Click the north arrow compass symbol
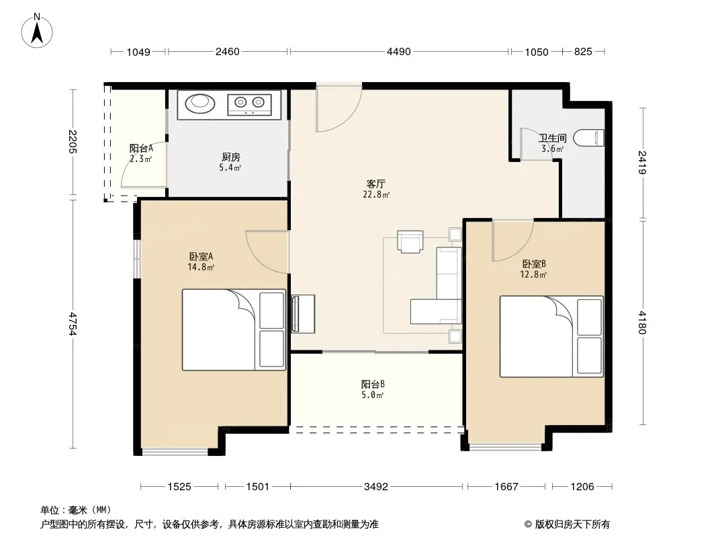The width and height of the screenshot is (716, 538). pos(37,31)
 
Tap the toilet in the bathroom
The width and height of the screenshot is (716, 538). pos(588,138)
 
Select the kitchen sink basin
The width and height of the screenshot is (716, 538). pos(200,104)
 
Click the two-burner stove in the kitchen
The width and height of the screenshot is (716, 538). pos(249,105)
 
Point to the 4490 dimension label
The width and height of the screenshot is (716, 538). pos(399,52)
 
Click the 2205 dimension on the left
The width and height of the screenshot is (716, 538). pos(73,142)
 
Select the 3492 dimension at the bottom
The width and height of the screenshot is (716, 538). pos(376,487)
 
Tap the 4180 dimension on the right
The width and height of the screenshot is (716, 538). pos(642,322)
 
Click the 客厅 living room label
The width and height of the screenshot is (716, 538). pos(376,184)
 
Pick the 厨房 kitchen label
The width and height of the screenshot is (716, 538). pos(230,157)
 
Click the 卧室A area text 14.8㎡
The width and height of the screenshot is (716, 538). pos(201,267)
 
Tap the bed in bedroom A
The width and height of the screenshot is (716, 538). pos(234,330)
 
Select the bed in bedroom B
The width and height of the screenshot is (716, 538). pos(551,336)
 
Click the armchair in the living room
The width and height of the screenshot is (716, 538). pos(410,241)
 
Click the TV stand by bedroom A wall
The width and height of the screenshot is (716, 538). pos(303,313)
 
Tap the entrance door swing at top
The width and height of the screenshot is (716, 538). pos(339,108)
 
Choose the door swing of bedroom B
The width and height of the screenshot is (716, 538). pos(512,241)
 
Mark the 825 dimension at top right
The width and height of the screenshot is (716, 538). pos(583,52)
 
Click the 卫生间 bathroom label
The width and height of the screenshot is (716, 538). pos(553,138)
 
